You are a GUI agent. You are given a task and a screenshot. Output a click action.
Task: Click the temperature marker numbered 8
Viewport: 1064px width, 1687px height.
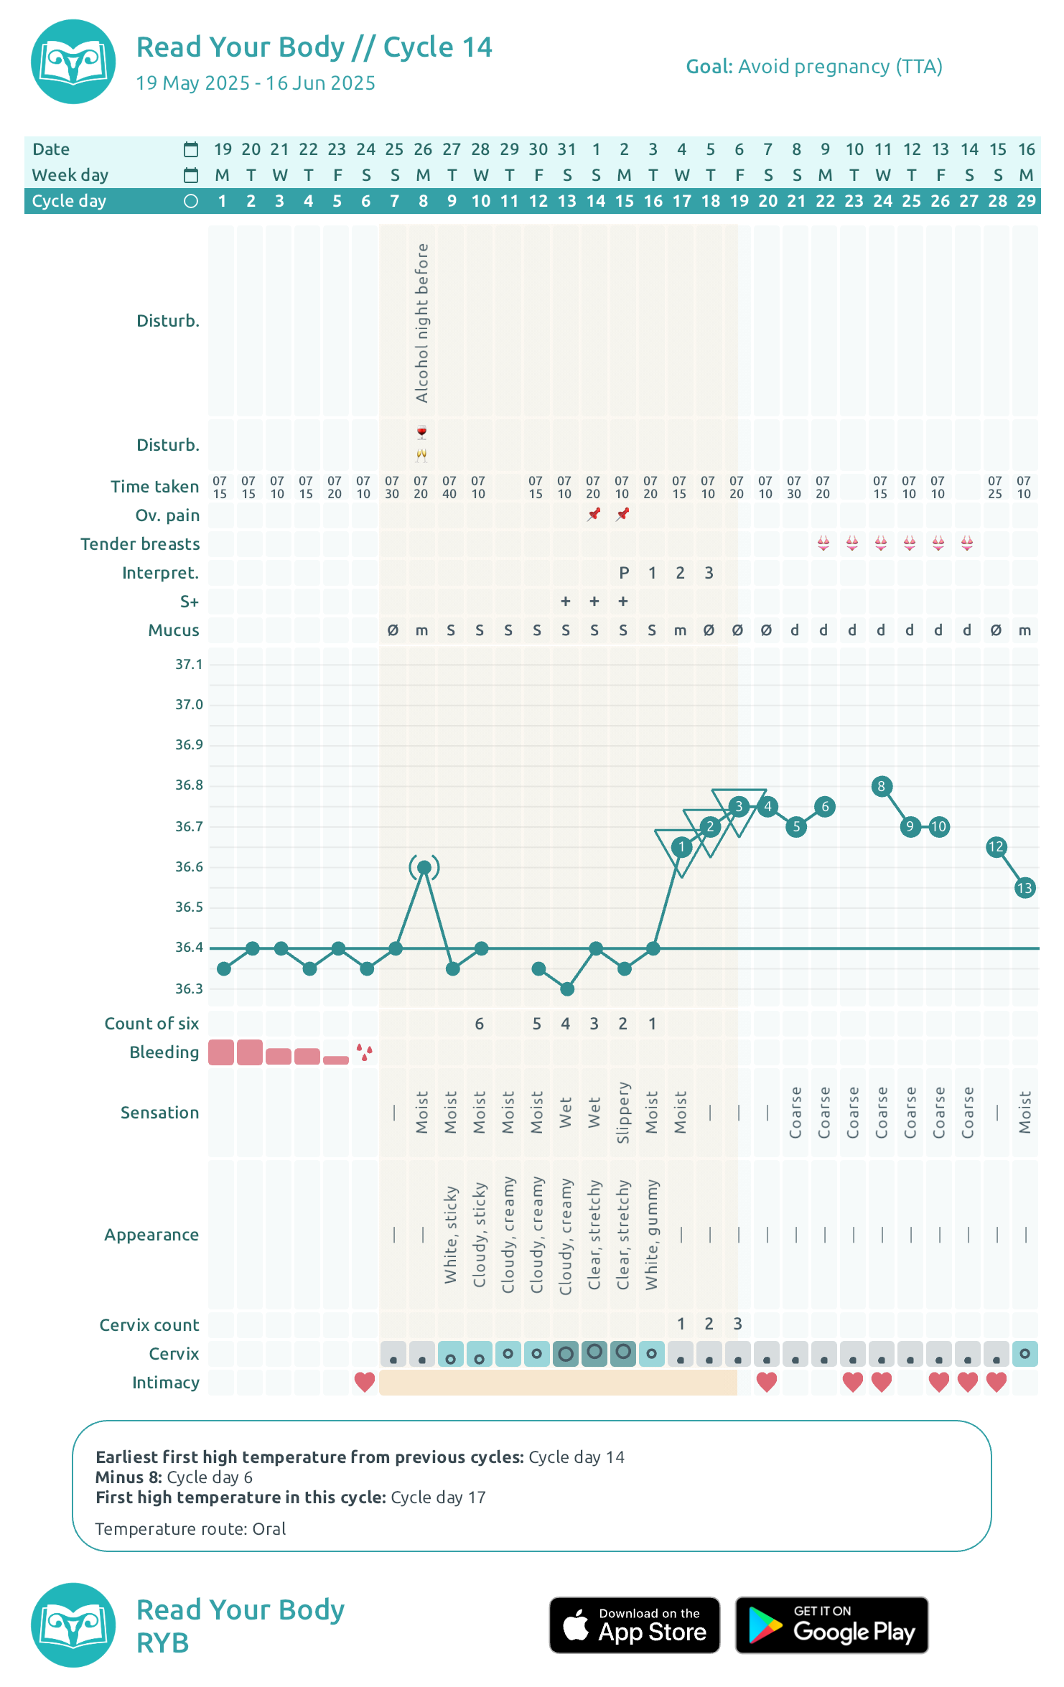click(882, 786)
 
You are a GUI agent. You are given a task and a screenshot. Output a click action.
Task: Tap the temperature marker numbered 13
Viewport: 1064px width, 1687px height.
click(1025, 888)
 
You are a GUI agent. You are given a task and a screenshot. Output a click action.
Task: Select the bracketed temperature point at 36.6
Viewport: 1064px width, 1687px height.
click(424, 868)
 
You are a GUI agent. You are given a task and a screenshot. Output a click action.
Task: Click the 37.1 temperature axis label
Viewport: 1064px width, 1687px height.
click(189, 665)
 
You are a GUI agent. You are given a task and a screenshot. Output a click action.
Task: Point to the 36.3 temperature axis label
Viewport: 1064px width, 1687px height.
click(189, 989)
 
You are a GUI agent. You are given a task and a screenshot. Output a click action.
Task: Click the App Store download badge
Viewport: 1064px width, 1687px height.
click(635, 1625)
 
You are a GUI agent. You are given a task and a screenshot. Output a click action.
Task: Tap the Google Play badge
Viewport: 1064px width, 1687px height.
click(832, 1625)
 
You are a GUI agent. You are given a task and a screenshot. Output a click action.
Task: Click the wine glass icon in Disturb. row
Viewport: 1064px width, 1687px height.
click(422, 432)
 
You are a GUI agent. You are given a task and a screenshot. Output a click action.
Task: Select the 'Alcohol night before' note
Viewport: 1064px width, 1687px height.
click(422, 323)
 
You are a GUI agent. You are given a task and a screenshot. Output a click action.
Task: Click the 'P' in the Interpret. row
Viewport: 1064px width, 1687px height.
click(624, 573)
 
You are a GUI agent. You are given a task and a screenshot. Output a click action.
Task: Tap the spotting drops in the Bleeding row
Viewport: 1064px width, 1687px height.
click(365, 1052)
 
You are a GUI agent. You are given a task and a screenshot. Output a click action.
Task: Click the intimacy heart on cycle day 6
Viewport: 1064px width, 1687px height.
click(365, 1382)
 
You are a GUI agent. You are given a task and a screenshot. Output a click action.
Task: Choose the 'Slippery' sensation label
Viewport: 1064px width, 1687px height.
click(623, 1113)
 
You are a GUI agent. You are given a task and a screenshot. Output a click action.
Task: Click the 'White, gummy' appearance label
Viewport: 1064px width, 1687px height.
click(652, 1235)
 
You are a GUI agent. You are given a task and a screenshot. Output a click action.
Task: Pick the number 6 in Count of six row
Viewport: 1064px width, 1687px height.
click(480, 1024)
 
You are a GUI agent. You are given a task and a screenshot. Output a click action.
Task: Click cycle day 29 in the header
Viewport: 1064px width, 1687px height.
click(1027, 201)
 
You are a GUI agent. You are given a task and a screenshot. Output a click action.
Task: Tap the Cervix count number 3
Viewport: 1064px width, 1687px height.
click(738, 1324)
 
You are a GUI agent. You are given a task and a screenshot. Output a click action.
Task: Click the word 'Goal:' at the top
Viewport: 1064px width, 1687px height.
click(709, 67)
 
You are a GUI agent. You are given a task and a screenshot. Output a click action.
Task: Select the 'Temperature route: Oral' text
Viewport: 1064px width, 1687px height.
click(190, 1529)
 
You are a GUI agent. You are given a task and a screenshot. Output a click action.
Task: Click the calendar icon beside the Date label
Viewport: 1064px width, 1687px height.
click(191, 149)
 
